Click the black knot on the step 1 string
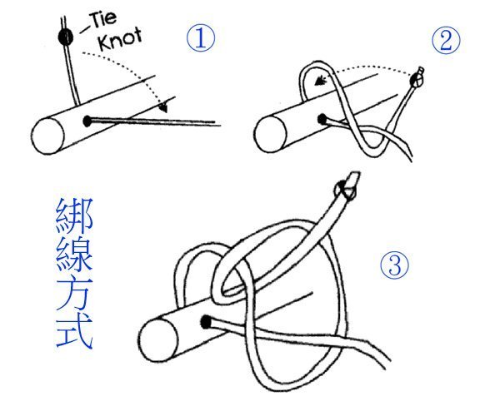pos(63,37)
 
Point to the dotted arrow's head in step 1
pos(166,107)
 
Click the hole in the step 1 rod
pos(87,121)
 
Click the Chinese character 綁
pos(72,217)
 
